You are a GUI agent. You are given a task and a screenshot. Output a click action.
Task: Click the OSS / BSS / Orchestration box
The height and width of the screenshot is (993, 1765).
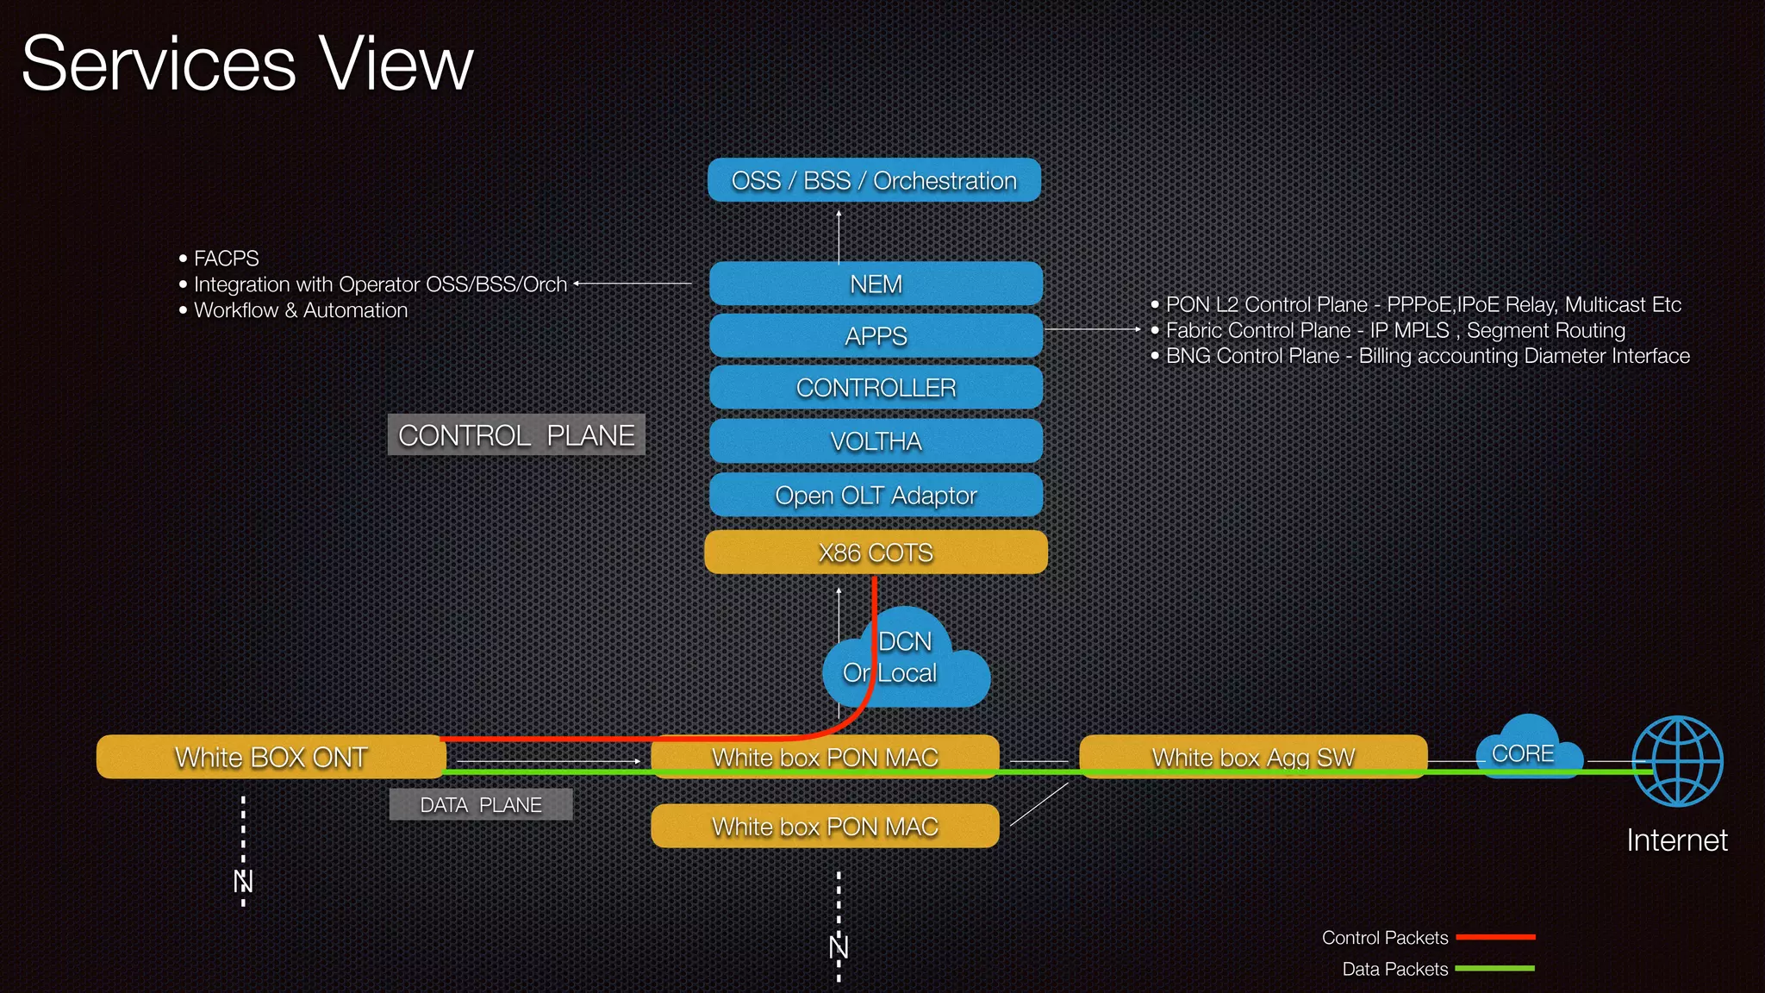874,180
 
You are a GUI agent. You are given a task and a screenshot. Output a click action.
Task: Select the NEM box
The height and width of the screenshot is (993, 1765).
876,284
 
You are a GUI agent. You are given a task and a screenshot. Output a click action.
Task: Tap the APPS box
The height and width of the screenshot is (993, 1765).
876,335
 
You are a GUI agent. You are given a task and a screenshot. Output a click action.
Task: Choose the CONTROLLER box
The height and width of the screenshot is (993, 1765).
876,388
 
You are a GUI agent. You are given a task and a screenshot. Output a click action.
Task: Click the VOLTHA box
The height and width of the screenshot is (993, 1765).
876,440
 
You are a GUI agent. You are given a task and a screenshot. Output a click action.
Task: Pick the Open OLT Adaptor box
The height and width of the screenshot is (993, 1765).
876,495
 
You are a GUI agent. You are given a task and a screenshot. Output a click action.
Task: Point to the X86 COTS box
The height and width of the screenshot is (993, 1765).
876,552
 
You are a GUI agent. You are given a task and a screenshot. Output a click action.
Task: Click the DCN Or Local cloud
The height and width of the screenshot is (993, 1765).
914,664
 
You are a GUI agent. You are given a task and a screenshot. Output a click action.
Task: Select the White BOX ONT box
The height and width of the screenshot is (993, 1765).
271,757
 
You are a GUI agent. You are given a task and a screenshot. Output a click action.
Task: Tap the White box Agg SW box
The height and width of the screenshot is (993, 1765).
1253,757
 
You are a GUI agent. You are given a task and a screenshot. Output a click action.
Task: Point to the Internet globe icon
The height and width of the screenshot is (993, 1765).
1677,761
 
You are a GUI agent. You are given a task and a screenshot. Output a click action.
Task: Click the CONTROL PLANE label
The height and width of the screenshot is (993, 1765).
516,434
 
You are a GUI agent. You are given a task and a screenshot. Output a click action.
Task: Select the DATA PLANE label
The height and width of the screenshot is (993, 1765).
481,804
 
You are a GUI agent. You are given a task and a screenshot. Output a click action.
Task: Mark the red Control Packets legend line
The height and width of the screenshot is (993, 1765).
1495,937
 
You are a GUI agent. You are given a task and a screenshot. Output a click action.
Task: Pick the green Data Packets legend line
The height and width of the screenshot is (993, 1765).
1495,969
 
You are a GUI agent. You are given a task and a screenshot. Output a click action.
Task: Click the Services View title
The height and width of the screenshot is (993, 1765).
247,64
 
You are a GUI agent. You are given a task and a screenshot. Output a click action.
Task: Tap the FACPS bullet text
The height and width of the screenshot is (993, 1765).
226,258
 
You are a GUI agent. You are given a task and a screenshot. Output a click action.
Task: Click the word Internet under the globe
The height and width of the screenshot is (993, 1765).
1677,840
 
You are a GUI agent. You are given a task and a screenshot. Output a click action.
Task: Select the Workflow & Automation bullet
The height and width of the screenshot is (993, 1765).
300,310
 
